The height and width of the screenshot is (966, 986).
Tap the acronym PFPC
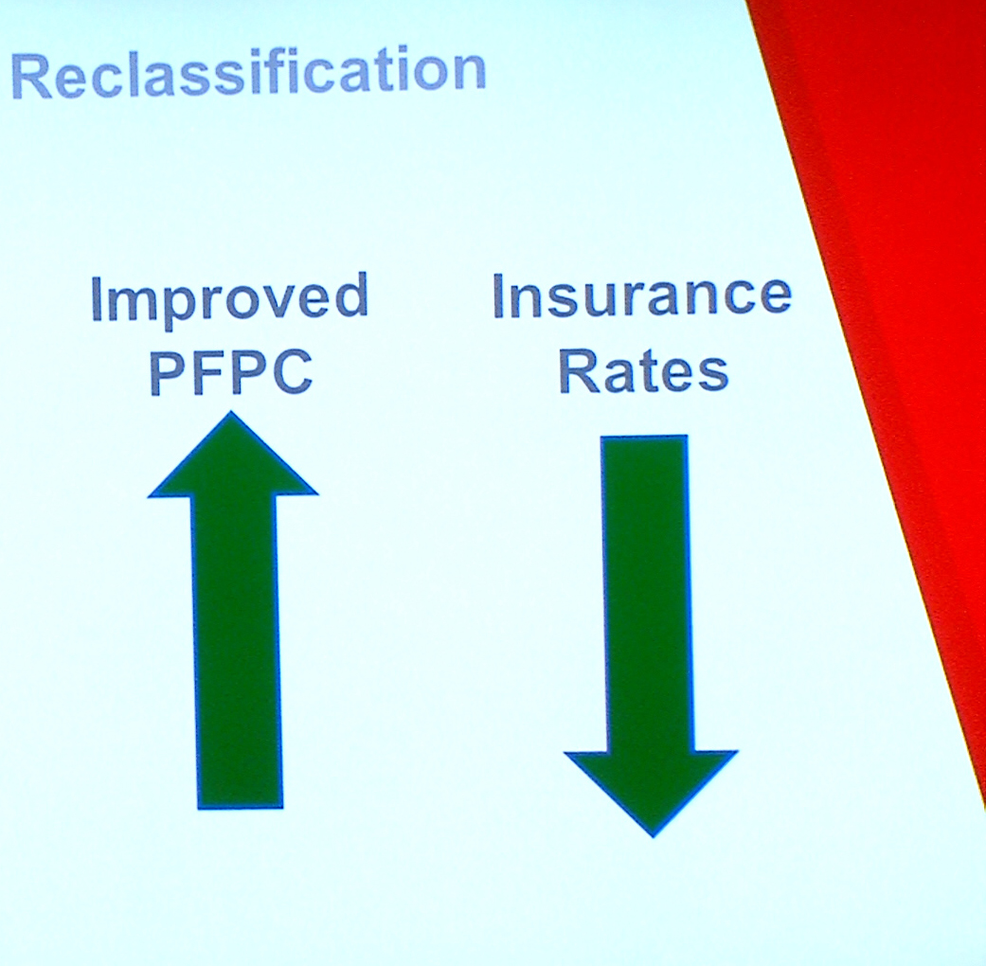(x=231, y=371)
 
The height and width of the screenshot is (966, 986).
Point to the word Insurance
(x=641, y=295)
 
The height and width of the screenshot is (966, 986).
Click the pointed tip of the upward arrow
(x=231, y=412)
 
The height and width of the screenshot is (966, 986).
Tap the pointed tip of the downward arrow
(x=653, y=836)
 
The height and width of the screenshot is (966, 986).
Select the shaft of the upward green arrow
(x=238, y=651)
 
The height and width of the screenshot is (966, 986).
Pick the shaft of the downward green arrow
(x=648, y=594)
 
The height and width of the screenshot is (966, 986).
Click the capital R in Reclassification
(x=31, y=76)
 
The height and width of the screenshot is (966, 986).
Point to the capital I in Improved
(x=97, y=299)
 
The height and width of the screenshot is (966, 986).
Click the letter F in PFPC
(x=209, y=371)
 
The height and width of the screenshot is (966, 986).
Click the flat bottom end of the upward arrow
(x=241, y=807)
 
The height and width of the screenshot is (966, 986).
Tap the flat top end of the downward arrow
(x=645, y=438)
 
